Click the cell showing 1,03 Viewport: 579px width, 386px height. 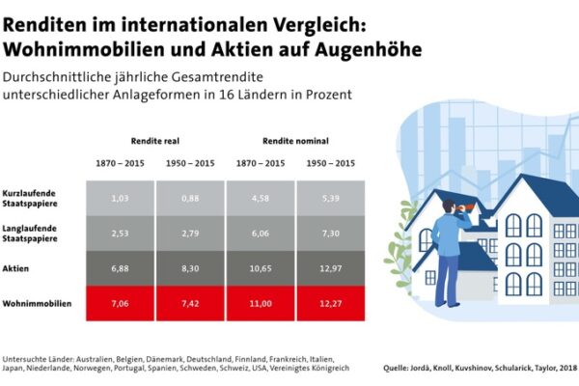coord(120,198)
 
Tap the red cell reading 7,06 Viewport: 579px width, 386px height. coord(120,302)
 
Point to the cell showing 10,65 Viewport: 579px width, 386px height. coord(261,266)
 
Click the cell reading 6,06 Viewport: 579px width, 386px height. coord(261,233)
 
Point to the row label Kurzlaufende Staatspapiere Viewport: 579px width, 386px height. coord(30,199)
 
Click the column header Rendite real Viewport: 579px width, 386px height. coord(155,139)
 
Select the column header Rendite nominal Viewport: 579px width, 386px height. coord(295,139)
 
